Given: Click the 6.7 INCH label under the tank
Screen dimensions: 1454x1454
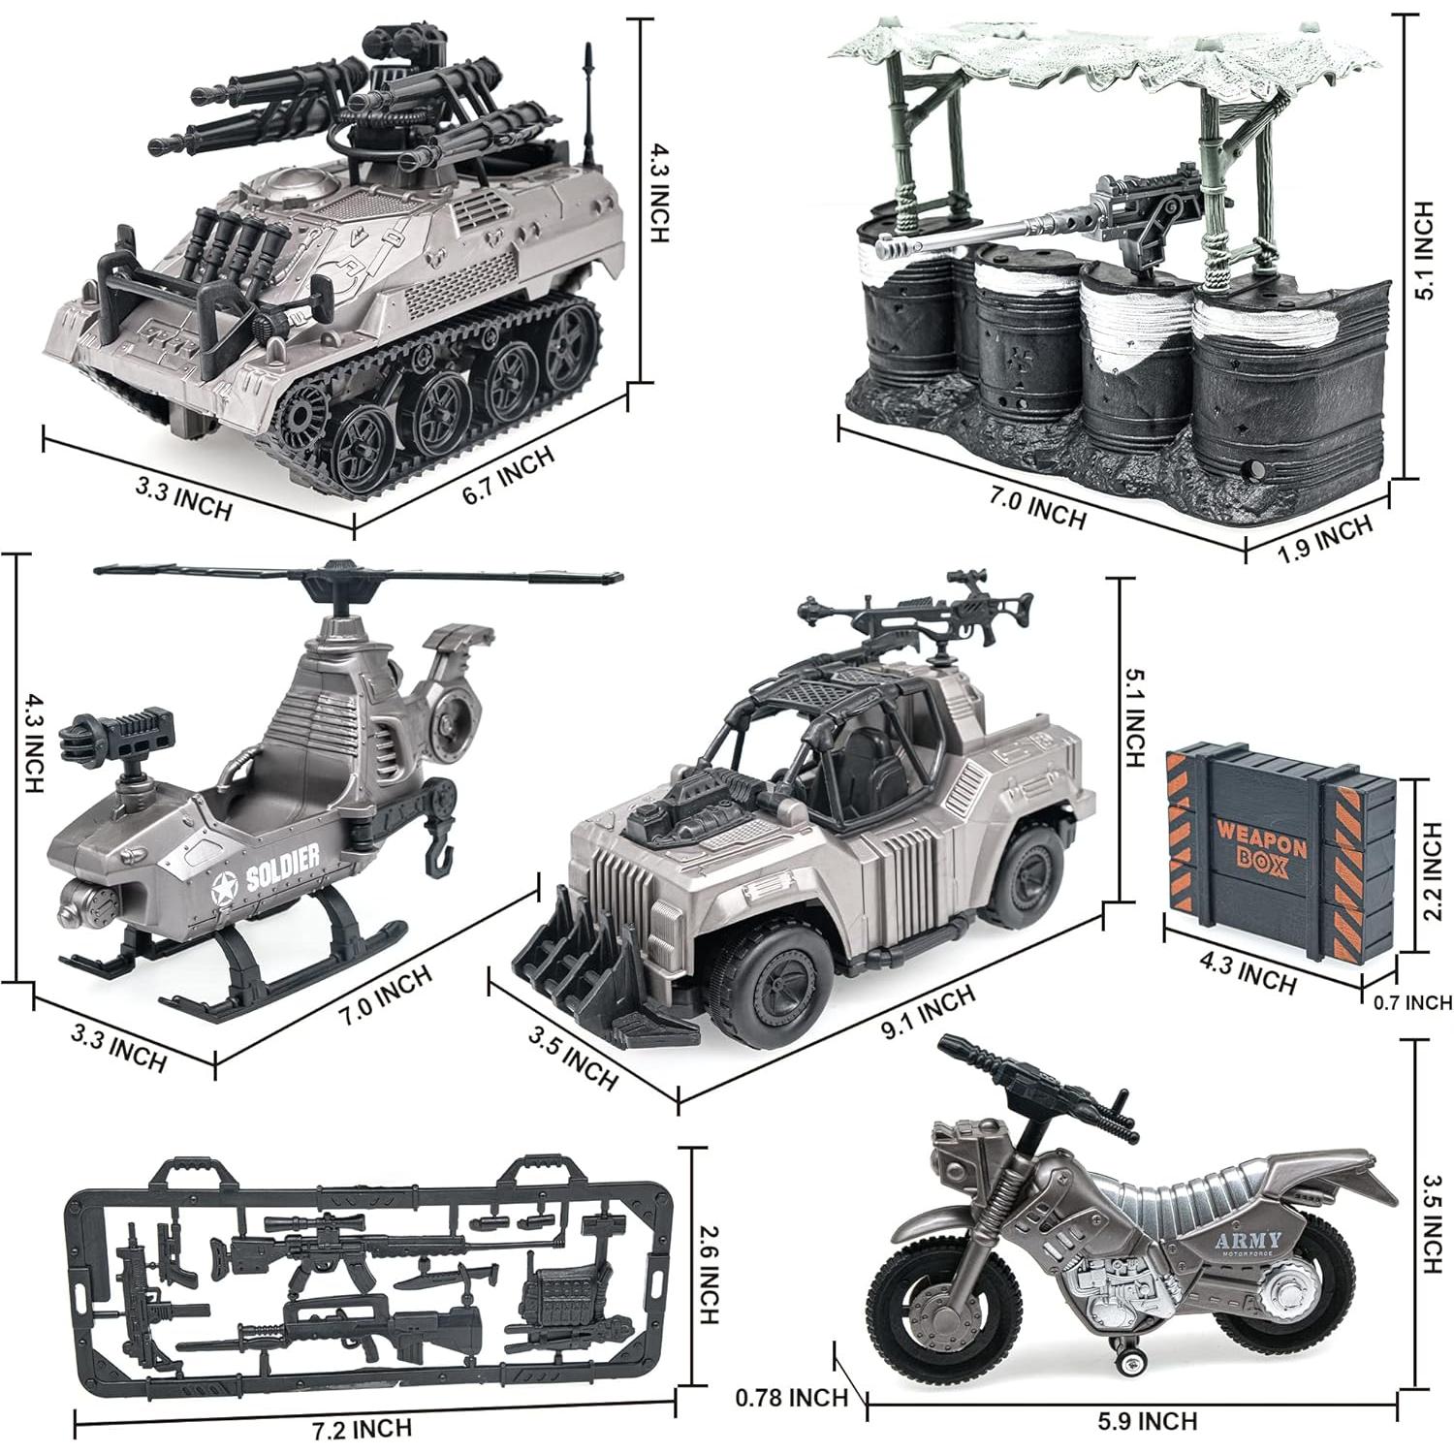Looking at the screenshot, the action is click(507, 477).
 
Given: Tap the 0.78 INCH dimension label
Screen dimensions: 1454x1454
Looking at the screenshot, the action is click(792, 1397).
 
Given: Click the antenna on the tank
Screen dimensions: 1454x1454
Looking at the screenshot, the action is click(587, 107).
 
